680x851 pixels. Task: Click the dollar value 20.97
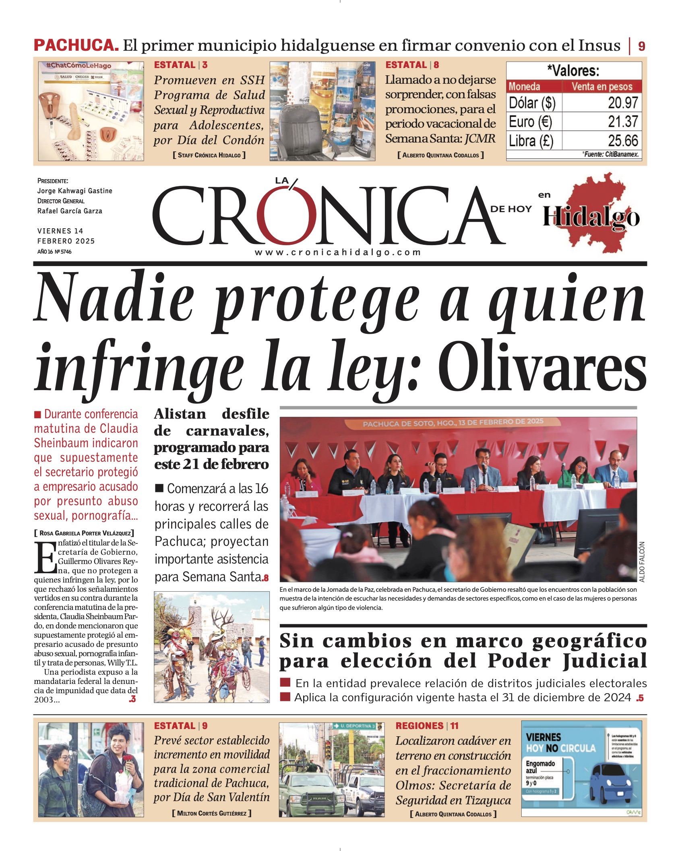click(622, 103)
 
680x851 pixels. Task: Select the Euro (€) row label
click(530, 122)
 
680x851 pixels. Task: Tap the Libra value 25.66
click(622, 141)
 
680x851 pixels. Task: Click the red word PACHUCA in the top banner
click(76, 45)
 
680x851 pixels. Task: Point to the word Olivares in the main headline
click(542, 367)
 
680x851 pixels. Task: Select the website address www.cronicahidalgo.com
click(337, 252)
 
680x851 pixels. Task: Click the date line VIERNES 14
click(60, 231)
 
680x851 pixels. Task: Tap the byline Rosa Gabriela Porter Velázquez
click(84, 533)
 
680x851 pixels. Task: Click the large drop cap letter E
click(45, 558)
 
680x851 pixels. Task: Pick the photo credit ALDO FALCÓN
click(642, 562)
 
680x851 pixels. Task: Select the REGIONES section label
click(420, 726)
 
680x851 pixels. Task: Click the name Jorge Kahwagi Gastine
click(75, 191)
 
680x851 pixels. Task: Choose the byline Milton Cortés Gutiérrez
click(212, 813)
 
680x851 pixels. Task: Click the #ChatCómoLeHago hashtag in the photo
click(79, 66)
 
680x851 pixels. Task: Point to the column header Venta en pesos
click(601, 87)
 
